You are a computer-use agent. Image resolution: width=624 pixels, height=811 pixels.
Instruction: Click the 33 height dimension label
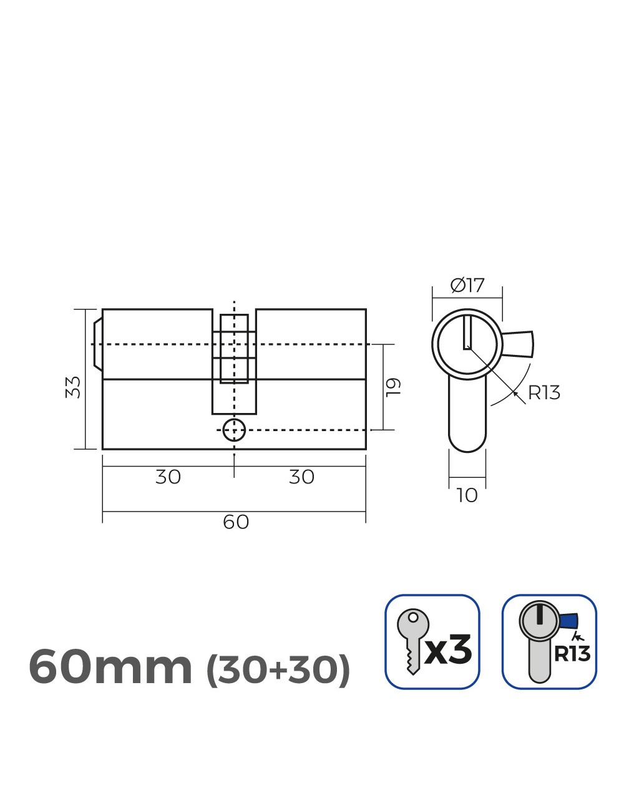tap(74, 387)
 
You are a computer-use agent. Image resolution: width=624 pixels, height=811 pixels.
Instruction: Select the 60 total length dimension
tap(236, 522)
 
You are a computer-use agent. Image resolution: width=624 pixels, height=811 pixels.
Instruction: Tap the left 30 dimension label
tap(168, 477)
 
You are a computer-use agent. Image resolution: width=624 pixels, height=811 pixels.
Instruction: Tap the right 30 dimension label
tap(301, 477)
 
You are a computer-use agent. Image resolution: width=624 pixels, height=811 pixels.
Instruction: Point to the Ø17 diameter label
tap(467, 286)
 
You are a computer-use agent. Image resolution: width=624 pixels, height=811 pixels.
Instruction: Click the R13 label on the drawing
tap(544, 393)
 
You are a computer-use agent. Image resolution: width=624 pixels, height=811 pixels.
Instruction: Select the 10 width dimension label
tap(467, 495)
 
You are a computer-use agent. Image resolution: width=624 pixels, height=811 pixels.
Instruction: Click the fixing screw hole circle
tap(234, 429)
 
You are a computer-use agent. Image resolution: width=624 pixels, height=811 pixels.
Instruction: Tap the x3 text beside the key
tap(449, 651)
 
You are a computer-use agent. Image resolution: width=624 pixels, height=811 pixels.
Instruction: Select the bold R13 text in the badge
tap(572, 654)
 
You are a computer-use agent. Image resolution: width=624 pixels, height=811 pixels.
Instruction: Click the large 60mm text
tap(110, 668)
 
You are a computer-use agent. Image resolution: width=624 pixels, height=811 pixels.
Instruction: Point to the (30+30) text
tap(278, 670)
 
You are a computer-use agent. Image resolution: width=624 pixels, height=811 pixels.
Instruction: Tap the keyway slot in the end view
tap(467, 333)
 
